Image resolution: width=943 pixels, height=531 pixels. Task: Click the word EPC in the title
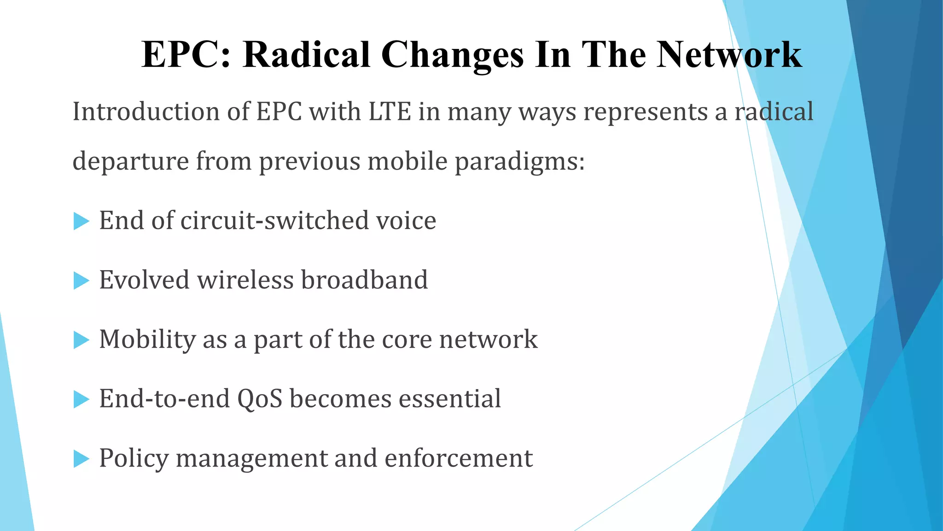click(185, 55)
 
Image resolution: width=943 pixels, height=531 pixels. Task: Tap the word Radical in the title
click(306, 55)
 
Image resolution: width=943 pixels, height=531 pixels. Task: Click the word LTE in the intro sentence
click(390, 112)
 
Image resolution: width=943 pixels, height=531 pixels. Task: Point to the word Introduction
click(146, 112)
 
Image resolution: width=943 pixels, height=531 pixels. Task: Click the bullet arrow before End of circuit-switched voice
click(81, 221)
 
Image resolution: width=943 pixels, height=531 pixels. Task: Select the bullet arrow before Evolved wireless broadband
click(81, 281)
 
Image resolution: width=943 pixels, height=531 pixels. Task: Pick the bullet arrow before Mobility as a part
click(81, 340)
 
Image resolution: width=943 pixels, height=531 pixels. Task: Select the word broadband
click(364, 280)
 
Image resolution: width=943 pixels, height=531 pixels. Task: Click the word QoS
click(259, 399)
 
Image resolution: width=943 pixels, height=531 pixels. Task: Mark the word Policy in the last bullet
click(134, 459)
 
